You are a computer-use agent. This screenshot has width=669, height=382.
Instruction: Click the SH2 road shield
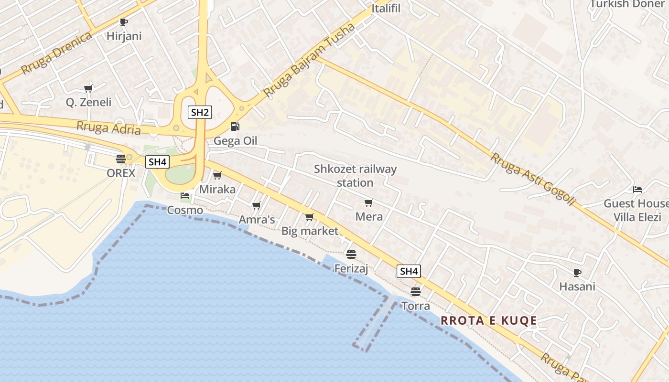(200, 113)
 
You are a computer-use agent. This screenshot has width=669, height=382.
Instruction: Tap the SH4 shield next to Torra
(409, 272)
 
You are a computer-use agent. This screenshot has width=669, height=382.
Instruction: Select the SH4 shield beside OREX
(157, 162)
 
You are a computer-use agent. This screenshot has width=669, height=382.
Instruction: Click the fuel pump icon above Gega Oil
(235, 127)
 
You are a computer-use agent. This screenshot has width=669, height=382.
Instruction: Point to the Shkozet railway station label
(355, 176)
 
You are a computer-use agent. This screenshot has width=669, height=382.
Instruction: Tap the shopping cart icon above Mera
(369, 203)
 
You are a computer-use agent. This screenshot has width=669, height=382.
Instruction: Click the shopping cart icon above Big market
(310, 217)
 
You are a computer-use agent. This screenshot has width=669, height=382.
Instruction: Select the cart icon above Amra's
(257, 206)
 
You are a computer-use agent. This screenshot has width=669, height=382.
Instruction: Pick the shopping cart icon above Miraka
(217, 176)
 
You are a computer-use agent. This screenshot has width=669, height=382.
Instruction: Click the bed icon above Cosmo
(185, 196)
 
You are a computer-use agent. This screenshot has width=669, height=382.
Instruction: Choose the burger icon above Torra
(416, 291)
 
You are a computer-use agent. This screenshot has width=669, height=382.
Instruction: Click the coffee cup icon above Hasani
(577, 273)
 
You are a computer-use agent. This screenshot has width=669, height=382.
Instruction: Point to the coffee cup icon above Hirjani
(124, 22)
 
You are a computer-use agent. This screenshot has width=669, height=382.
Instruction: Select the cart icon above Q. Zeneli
(88, 88)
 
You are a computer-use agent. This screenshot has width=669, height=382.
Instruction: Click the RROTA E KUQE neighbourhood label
(489, 320)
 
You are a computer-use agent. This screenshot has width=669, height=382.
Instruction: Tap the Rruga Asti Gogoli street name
(532, 179)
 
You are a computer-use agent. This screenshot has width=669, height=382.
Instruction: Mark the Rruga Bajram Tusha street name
(309, 60)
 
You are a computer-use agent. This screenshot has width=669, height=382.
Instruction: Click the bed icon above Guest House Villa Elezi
(637, 190)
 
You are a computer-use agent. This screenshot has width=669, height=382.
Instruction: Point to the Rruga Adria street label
(109, 128)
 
